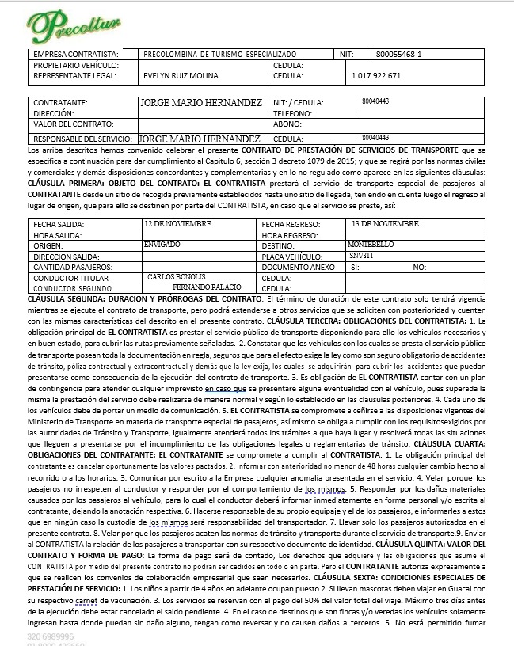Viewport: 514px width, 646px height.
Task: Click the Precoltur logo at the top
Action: coord(76,25)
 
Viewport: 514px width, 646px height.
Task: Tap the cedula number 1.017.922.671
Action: coord(375,77)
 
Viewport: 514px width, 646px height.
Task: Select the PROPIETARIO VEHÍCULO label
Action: coord(76,65)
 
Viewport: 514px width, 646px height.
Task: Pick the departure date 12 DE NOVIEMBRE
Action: coord(177,224)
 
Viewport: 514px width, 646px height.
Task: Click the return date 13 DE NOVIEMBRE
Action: coord(385,224)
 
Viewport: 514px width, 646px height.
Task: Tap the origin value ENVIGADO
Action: coord(162,245)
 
